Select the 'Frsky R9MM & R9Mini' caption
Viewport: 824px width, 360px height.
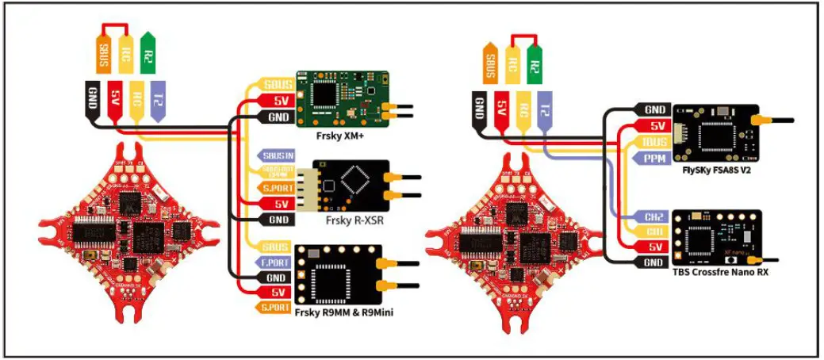(344, 312)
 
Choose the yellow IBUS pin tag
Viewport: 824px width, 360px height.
(653, 142)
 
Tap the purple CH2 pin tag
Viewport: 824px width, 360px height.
(653, 216)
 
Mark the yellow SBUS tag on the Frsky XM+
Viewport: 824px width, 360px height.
(275, 85)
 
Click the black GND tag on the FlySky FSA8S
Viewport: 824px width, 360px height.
(653, 110)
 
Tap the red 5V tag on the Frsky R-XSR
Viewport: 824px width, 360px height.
(278, 204)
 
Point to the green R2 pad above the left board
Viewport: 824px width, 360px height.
(148, 51)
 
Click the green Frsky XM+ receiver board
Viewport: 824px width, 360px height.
(341, 99)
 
